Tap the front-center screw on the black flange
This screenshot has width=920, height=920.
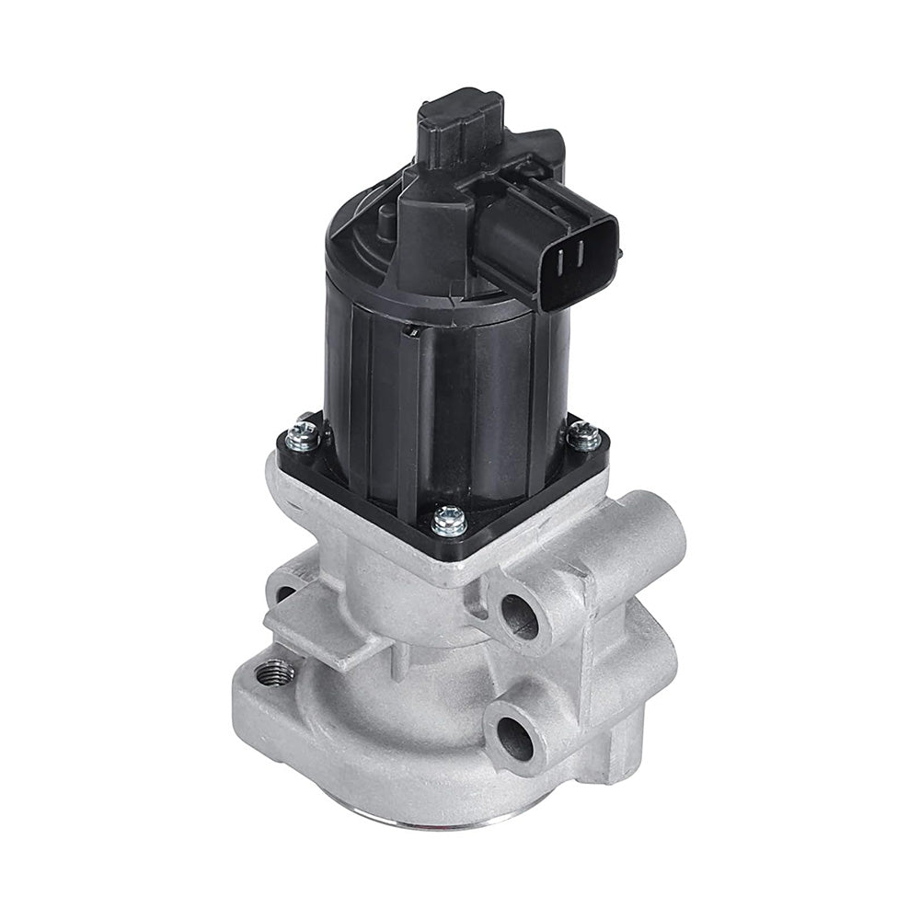(449, 521)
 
